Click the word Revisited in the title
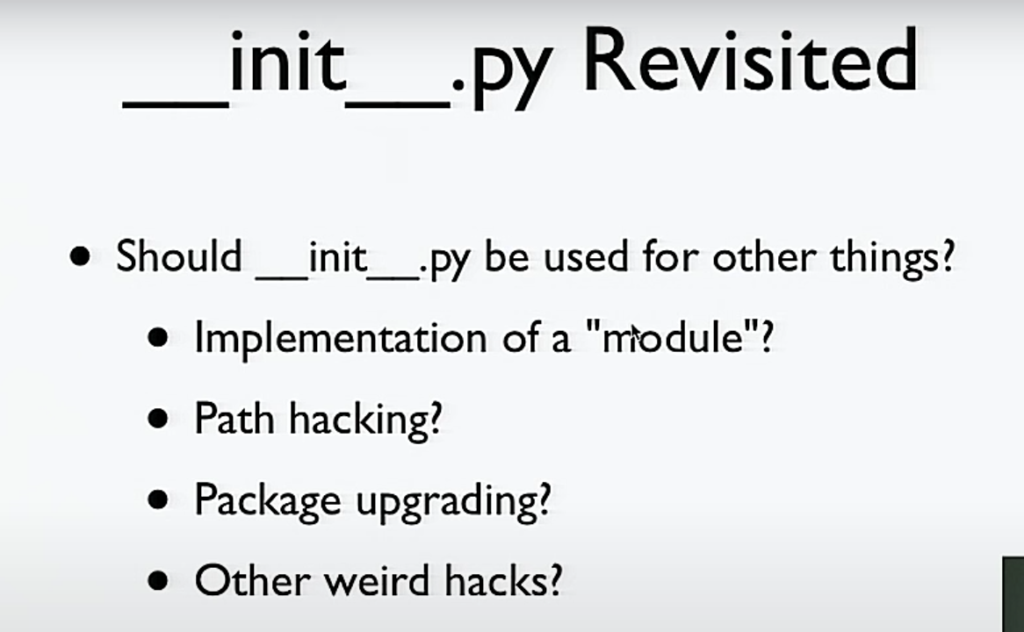pos(751,60)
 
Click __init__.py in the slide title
pos(335,68)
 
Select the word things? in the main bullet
pos(892,258)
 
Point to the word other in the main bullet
pos(764,256)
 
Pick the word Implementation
pos(340,338)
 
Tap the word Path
pos(234,418)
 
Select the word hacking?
pos(365,420)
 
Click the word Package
pos(268,501)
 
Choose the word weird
pos(377,579)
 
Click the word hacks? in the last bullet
pos(503,579)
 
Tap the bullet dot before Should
pos(80,256)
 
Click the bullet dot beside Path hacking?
pos(158,419)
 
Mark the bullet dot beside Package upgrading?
pos(158,500)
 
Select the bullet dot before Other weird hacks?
pos(158,580)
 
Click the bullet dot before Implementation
pos(158,338)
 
